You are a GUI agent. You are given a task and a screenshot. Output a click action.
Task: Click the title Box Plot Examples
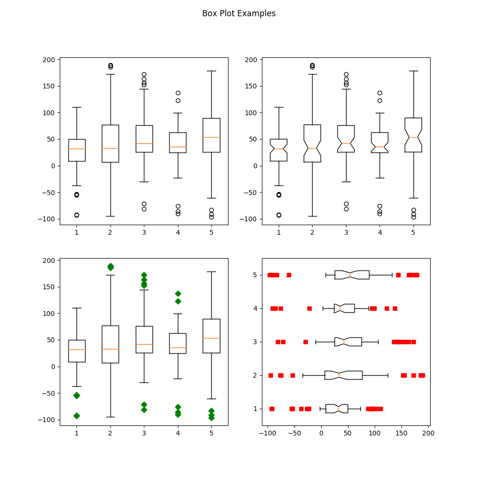(x=239, y=13)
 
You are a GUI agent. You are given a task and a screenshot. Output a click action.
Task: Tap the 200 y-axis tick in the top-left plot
(x=50, y=60)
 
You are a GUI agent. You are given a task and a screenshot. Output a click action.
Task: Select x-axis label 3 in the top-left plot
(x=144, y=232)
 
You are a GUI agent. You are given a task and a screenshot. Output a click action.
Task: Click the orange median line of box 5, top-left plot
(x=211, y=137)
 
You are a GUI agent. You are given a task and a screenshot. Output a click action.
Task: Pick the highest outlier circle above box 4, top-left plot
(x=178, y=93)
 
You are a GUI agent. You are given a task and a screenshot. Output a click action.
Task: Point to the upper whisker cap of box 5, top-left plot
(x=211, y=71)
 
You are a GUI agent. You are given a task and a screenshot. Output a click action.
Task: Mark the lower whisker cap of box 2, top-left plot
(x=110, y=216)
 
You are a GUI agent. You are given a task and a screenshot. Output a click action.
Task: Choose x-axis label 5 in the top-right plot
(x=413, y=232)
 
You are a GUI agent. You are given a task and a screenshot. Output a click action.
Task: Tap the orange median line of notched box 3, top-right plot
(x=346, y=143)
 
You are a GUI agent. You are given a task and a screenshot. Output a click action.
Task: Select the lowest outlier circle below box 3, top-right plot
(x=346, y=209)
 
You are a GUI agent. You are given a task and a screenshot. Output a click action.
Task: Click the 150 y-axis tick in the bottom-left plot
(x=50, y=287)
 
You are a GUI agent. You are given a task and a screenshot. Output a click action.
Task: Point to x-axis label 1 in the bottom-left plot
(x=76, y=433)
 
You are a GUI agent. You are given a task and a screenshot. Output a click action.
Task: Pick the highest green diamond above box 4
(x=178, y=293)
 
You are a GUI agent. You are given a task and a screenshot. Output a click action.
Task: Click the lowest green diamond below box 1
(x=76, y=416)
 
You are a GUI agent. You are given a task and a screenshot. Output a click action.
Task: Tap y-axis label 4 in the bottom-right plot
(x=255, y=308)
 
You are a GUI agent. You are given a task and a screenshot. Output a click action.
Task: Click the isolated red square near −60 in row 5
(x=289, y=275)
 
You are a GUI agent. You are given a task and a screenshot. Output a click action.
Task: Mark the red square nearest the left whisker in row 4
(x=309, y=308)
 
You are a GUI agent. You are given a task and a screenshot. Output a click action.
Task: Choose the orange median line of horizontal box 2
(x=339, y=375)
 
